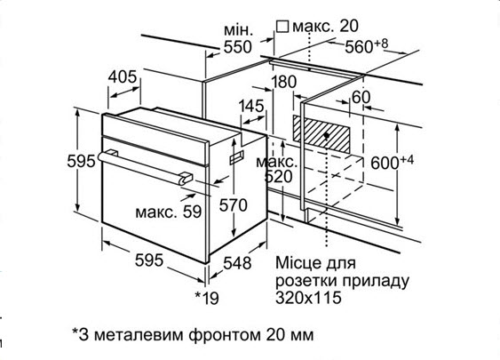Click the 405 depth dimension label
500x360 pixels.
[x=123, y=77]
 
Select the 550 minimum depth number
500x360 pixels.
[x=237, y=47]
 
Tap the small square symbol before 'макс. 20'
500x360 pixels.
[x=282, y=27]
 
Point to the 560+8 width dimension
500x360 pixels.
[x=367, y=46]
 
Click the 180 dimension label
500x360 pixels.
[x=284, y=82]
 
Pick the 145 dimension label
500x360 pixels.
[x=251, y=106]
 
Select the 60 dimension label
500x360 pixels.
[x=361, y=97]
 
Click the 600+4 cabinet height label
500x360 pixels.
[x=393, y=162]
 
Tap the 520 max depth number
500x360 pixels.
[x=278, y=177]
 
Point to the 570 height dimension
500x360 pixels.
[x=233, y=205]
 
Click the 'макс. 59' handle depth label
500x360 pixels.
[x=169, y=212]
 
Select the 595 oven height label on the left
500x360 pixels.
[x=82, y=161]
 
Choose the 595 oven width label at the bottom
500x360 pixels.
[x=149, y=260]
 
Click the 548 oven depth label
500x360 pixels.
[x=237, y=263]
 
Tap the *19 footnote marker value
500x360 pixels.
[x=207, y=298]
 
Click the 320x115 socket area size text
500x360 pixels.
[x=308, y=298]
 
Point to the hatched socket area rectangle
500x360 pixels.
[x=321, y=133]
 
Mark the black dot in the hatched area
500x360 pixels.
[x=327, y=136]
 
